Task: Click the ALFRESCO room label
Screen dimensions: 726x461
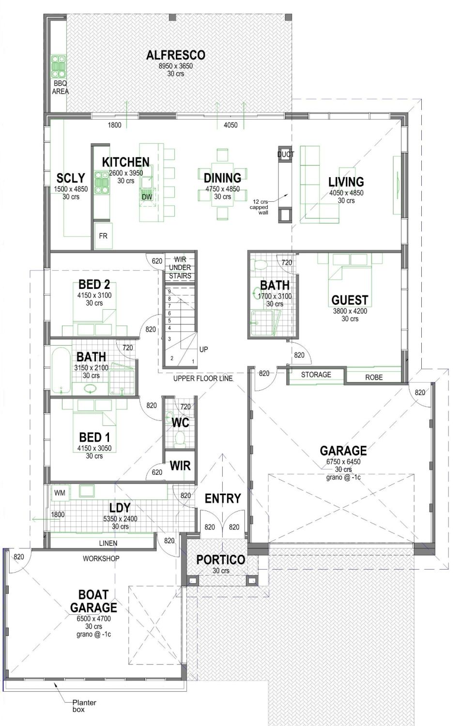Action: (x=175, y=55)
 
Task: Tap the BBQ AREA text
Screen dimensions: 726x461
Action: (x=61, y=88)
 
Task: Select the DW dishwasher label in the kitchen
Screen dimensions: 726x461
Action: (x=147, y=197)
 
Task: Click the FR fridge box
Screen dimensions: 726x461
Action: (x=103, y=236)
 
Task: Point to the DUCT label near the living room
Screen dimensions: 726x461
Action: (x=285, y=154)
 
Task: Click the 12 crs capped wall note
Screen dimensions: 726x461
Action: (x=259, y=207)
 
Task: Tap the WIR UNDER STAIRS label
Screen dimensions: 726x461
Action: (x=180, y=268)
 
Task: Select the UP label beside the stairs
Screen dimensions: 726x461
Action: (x=204, y=349)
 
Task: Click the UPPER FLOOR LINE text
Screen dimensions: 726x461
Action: (x=203, y=378)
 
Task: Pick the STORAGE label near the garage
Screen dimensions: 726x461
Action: (x=316, y=375)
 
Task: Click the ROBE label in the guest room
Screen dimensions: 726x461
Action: (x=374, y=377)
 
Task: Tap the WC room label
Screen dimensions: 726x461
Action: (x=180, y=423)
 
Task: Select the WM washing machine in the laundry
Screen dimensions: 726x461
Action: (x=60, y=493)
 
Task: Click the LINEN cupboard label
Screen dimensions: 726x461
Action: (x=108, y=543)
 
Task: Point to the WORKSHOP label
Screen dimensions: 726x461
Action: (x=101, y=559)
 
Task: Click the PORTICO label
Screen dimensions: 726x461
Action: (x=220, y=560)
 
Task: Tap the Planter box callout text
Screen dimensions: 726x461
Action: (x=84, y=706)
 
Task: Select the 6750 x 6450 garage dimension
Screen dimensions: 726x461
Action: (x=343, y=462)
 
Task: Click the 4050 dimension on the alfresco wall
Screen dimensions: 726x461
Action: (x=230, y=125)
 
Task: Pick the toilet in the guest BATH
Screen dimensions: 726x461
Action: (x=260, y=265)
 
